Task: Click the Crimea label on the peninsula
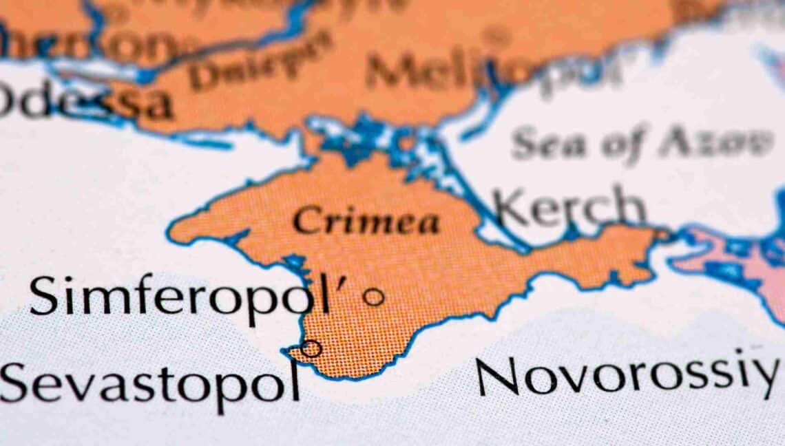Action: (x=366, y=222)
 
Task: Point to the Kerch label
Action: (x=569, y=206)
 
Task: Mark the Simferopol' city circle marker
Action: (x=373, y=297)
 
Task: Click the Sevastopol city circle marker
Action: (x=311, y=348)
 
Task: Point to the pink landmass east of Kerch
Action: (x=737, y=262)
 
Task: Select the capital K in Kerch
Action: (x=510, y=208)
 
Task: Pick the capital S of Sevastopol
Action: (x=15, y=382)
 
